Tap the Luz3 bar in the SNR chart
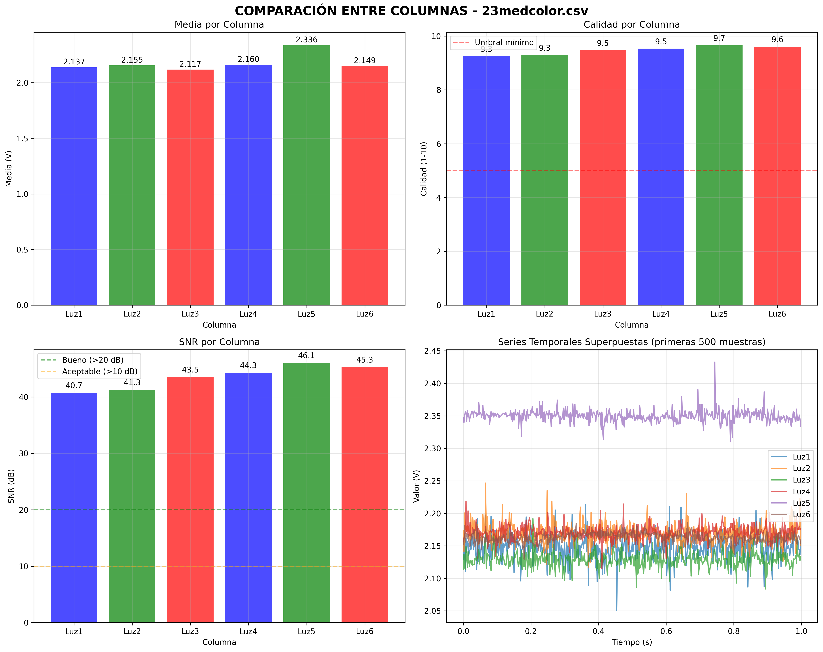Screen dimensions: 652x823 (190, 500)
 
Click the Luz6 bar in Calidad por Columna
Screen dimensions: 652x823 (777, 176)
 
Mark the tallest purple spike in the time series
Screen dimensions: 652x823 (715, 362)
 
